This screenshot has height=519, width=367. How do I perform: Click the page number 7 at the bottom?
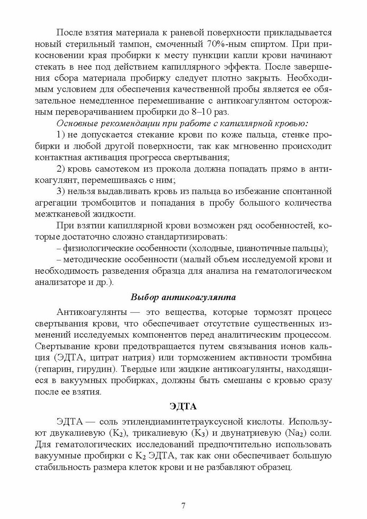(183, 506)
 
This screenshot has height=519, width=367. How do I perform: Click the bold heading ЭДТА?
(183, 407)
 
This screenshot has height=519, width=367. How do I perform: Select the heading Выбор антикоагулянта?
(183, 297)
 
